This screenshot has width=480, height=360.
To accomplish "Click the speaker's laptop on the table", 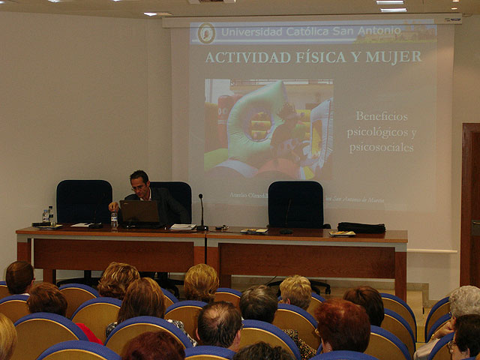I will [140, 213].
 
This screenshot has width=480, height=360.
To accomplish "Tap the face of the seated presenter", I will [139, 184].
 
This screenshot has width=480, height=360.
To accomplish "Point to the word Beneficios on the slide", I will [382, 116].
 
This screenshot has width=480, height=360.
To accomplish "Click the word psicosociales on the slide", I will [382, 147].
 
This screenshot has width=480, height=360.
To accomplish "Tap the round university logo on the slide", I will [206, 32].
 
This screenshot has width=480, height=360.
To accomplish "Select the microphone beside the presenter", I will [201, 210].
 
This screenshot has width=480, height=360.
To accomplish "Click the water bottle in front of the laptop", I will [114, 220].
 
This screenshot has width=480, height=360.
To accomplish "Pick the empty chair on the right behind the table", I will [295, 204].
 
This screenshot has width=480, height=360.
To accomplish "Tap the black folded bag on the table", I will [361, 227].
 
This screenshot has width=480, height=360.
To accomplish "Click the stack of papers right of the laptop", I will [182, 226].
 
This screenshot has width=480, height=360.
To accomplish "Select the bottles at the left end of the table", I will [48, 216].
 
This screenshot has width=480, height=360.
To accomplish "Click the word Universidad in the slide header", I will [252, 32].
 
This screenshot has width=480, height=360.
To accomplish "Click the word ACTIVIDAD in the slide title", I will [247, 57].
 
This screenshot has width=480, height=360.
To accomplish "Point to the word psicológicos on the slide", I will [381, 132].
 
